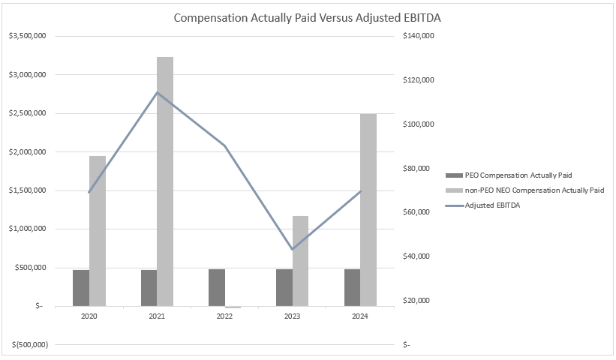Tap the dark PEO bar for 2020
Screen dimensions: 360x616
[x=81, y=287]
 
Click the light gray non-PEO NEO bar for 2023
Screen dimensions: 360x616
[x=300, y=260]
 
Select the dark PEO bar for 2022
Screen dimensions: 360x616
[x=216, y=287]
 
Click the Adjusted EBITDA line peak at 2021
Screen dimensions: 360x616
[x=157, y=93]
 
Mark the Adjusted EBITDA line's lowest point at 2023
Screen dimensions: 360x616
[x=292, y=249]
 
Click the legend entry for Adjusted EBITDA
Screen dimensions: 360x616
[x=492, y=205]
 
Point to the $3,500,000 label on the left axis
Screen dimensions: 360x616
[x=27, y=36]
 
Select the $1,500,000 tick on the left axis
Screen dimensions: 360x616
[x=27, y=190]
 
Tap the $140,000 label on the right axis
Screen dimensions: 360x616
[x=419, y=36]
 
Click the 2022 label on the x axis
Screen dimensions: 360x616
[x=224, y=317]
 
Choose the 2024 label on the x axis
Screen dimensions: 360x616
[x=360, y=317]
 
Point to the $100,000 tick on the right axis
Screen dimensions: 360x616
[x=419, y=124]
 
